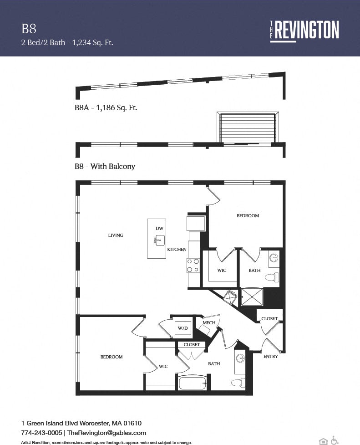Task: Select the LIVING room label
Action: [x=116, y=235]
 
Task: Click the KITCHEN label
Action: [x=177, y=250]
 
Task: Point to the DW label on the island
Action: [x=159, y=228]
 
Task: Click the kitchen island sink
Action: [x=159, y=240]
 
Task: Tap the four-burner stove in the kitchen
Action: [x=193, y=265]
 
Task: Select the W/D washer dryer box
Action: [x=183, y=327]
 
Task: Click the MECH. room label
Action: [x=203, y=322]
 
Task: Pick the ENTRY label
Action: [x=271, y=356]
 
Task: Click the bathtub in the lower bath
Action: [x=193, y=383]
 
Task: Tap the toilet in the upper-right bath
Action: [x=272, y=277]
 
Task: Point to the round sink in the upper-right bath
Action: [x=274, y=259]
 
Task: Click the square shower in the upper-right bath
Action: [x=252, y=297]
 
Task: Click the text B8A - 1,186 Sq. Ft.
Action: [x=106, y=108]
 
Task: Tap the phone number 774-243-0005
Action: [x=41, y=432]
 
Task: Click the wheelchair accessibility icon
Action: [x=335, y=440]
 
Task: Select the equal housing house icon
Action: [x=324, y=440]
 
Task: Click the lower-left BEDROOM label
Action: [x=112, y=357]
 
